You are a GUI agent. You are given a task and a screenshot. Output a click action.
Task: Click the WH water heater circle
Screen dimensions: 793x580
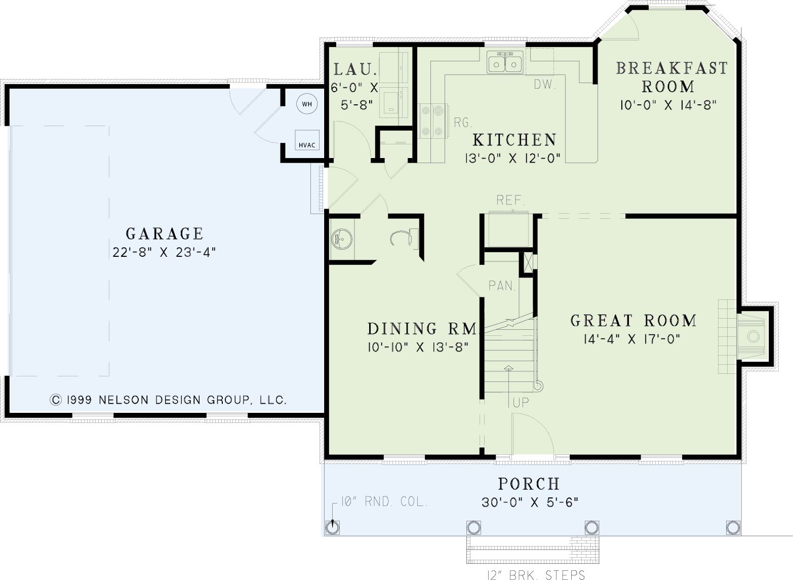307,104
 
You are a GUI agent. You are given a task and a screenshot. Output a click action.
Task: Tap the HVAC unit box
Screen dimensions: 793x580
307,140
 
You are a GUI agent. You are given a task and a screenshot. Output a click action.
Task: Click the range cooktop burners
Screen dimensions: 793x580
432,121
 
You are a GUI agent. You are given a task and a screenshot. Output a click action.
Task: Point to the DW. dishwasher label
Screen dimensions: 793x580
545,84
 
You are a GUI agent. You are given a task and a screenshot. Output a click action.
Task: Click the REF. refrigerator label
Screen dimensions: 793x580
511,200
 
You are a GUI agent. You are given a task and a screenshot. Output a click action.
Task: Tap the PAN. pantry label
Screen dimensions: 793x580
502,285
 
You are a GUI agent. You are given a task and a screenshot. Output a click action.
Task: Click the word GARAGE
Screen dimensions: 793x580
165,234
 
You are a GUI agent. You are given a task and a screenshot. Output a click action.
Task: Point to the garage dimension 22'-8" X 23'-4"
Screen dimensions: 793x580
164,252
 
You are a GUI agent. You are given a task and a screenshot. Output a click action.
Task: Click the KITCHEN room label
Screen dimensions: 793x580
514,140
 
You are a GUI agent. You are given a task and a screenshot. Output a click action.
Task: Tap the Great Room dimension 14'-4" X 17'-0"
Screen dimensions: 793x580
632,339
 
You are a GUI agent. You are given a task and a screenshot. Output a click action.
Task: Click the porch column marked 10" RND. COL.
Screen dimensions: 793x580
332,528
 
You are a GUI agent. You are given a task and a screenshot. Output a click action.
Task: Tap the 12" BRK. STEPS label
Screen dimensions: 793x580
536,574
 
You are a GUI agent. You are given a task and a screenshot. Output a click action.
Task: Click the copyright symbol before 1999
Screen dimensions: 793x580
56,400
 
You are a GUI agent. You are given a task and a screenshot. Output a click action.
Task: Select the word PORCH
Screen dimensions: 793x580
529,484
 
